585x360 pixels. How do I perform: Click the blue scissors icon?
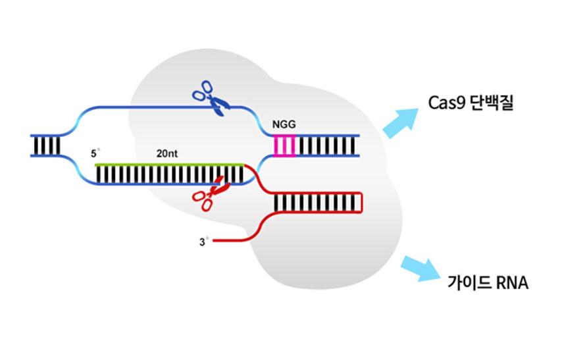coord(209,98)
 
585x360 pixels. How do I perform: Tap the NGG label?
coord(284,124)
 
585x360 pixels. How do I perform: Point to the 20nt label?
coord(166,153)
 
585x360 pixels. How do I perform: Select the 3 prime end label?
coord(203,242)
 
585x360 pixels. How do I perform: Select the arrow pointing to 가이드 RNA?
coord(420,269)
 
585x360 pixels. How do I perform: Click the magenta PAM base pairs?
coord(285,145)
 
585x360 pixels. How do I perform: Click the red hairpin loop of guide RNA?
coord(361,202)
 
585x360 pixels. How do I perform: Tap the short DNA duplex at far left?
coord(47,145)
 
